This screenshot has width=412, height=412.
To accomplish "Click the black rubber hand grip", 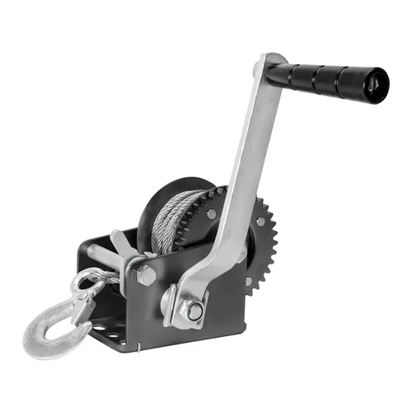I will [x=334, y=79].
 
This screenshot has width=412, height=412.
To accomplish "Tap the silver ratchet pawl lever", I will [x=124, y=247].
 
